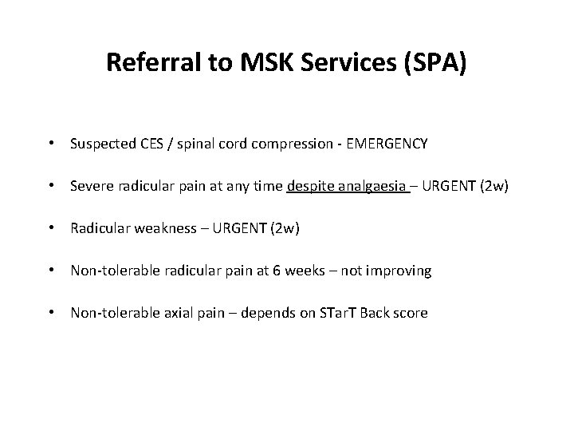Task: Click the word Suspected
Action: (102, 144)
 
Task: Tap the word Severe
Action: (91, 186)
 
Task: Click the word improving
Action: (403, 271)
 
